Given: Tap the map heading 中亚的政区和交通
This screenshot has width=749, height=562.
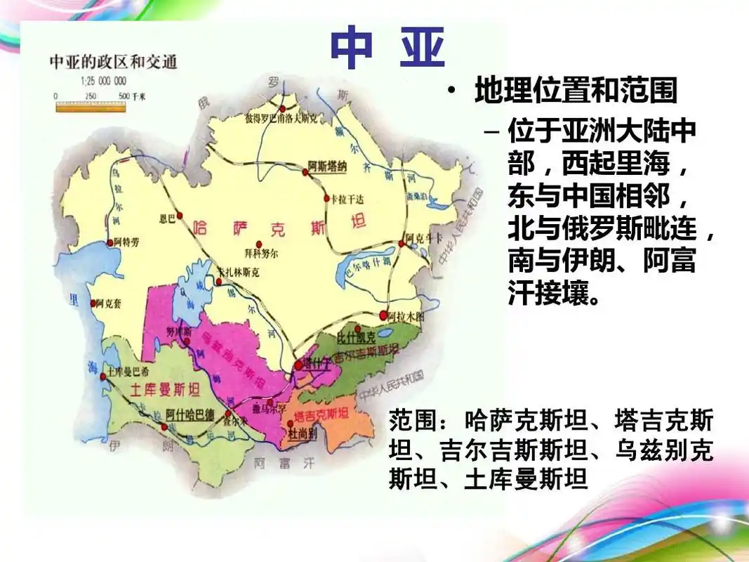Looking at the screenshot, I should [113, 63].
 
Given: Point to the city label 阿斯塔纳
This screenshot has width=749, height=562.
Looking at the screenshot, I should [327, 166].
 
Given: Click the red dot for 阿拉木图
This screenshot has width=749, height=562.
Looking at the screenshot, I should [383, 315].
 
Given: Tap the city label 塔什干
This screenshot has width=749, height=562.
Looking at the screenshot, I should [312, 365].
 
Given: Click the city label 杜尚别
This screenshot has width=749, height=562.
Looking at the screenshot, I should [303, 434].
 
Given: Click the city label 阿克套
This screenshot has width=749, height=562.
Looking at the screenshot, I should [108, 303].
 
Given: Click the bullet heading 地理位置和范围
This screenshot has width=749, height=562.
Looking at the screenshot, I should [576, 91].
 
